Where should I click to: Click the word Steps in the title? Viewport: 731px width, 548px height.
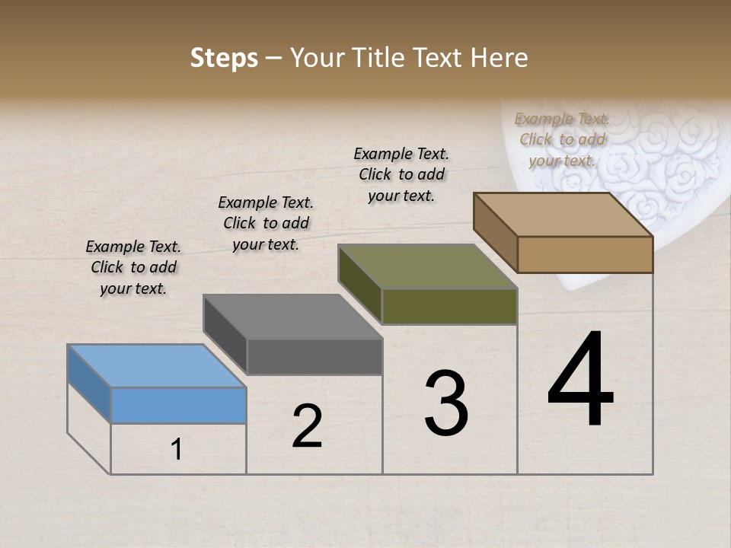point(224,58)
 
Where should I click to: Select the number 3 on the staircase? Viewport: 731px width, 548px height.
point(446,404)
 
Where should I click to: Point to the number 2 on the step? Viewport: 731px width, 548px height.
point(307,426)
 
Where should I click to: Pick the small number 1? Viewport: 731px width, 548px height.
point(177,450)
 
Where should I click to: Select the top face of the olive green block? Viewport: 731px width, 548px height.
point(427,266)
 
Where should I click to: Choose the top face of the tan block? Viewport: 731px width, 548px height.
point(563,215)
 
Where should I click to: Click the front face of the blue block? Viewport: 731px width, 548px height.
point(178,405)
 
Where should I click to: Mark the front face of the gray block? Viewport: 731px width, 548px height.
point(314,356)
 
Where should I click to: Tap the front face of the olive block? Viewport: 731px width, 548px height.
point(449,306)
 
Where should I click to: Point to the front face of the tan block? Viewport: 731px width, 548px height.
point(585,254)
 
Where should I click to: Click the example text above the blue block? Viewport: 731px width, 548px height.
point(133,267)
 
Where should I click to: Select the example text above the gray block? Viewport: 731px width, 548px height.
point(266,223)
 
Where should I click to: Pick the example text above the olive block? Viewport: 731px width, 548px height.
point(401,174)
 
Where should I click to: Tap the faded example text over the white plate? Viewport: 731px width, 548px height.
point(562,139)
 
